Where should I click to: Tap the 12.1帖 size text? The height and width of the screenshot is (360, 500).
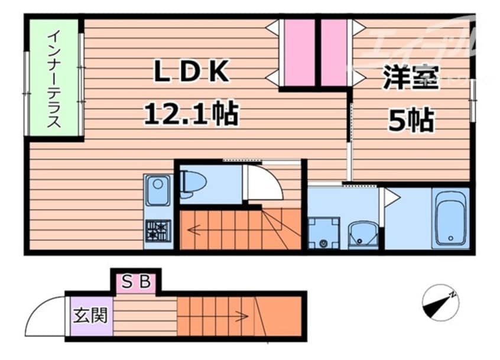point(191,113)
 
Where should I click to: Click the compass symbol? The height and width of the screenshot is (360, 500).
point(441,303)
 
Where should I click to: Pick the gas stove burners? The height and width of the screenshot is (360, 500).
point(158,230)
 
